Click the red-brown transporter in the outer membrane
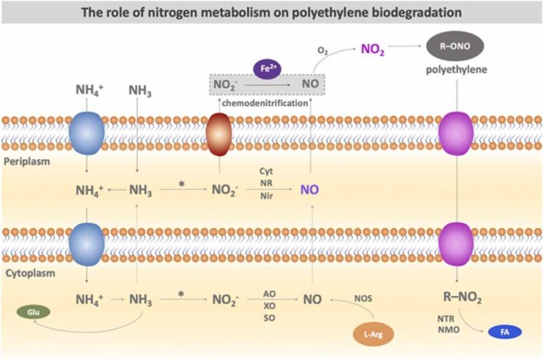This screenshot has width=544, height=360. click(219, 133)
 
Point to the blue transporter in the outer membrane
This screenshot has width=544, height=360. click(86, 133)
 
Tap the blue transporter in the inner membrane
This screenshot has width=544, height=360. click(86, 242)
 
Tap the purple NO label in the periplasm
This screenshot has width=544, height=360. click(310, 190)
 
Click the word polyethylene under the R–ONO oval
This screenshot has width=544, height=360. click(455, 72)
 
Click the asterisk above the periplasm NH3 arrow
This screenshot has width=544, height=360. click(181, 184)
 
